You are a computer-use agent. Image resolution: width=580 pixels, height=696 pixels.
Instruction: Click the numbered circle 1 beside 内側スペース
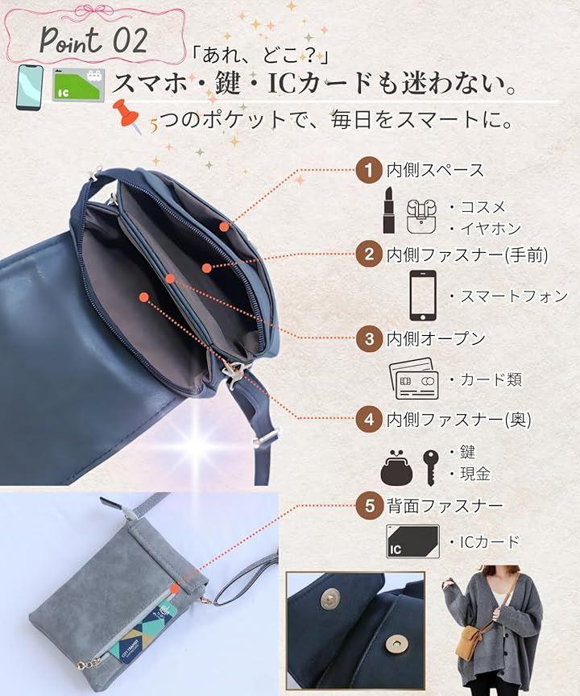(x=369, y=170)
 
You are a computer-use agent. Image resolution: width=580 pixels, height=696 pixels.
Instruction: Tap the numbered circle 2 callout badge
(x=369, y=255)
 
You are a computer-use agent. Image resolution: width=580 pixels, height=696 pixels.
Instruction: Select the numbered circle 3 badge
(x=369, y=338)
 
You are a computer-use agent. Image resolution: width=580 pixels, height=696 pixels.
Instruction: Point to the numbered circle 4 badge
(x=369, y=420)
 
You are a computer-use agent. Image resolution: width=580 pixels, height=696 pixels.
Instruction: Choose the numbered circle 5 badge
(x=369, y=506)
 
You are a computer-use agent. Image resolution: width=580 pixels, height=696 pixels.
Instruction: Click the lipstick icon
(x=389, y=210)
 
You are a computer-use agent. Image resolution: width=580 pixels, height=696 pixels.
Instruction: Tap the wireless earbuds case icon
(x=421, y=216)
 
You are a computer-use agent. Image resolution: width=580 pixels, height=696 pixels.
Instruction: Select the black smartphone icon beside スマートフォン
(x=422, y=295)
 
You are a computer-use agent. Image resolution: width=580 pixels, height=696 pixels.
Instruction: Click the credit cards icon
(x=413, y=378)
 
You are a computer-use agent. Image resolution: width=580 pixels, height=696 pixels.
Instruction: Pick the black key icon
(x=430, y=467)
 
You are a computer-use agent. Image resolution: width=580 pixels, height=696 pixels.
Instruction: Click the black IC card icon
(x=412, y=541)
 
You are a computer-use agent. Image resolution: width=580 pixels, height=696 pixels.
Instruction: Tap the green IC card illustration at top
(x=79, y=85)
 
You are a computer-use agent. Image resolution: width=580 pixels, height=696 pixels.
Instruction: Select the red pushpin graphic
(x=128, y=116)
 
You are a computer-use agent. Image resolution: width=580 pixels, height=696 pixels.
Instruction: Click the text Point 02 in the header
(x=93, y=40)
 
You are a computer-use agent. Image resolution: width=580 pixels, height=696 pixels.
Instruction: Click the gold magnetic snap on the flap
(x=329, y=599)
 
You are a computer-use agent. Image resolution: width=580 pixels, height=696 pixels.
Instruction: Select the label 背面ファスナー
(x=445, y=506)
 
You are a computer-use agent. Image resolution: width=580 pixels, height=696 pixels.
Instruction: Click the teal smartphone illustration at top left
(x=29, y=88)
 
